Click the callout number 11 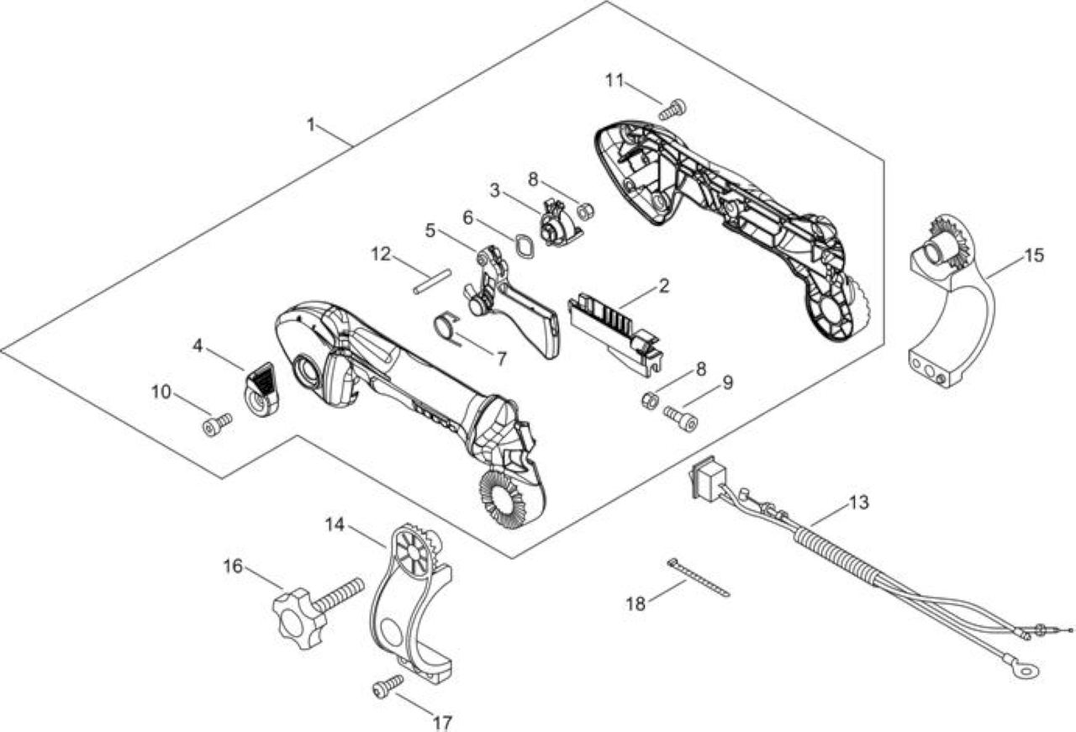[x=614, y=81]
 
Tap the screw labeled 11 [x=672, y=109]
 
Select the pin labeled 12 [x=432, y=282]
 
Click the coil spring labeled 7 [x=446, y=328]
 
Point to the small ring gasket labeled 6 [x=524, y=246]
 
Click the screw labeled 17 [x=388, y=687]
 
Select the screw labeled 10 [x=218, y=424]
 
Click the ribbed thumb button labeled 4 [x=261, y=389]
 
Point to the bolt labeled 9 [x=680, y=419]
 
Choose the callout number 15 [x=1034, y=255]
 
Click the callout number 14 [x=335, y=524]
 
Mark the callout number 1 [x=311, y=125]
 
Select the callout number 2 [x=664, y=286]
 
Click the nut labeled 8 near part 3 [x=585, y=211]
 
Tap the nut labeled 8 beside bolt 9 [x=650, y=400]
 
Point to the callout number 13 [x=859, y=503]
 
